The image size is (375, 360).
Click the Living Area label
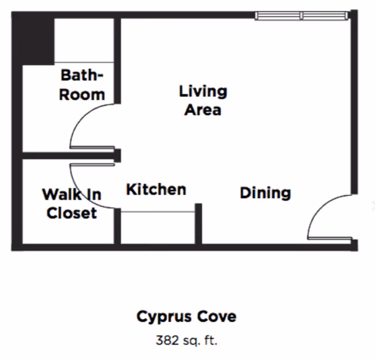pyautogui.click(x=203, y=100)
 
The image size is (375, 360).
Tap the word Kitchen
pyautogui.click(x=156, y=189)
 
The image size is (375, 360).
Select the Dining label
pyautogui.click(x=265, y=193)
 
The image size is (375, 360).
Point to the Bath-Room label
pyautogui.click(x=82, y=85)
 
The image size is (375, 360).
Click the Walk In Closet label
pyautogui.click(x=71, y=203)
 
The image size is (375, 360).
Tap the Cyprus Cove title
pyautogui.click(x=186, y=317)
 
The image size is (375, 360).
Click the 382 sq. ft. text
pyautogui.click(x=186, y=340)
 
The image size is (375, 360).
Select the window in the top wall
pyautogui.click(x=301, y=16)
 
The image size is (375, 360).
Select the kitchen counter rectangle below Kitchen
pyautogui.click(x=158, y=227)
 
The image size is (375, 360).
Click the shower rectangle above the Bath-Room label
pyautogui.click(x=84, y=40)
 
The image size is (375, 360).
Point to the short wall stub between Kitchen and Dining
pyautogui.click(x=198, y=224)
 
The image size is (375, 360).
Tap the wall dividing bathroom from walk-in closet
pyautogui.click(x=69, y=156)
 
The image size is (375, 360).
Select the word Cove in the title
pyautogui.click(x=217, y=316)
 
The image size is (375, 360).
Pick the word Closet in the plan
pyautogui.click(x=71, y=213)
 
